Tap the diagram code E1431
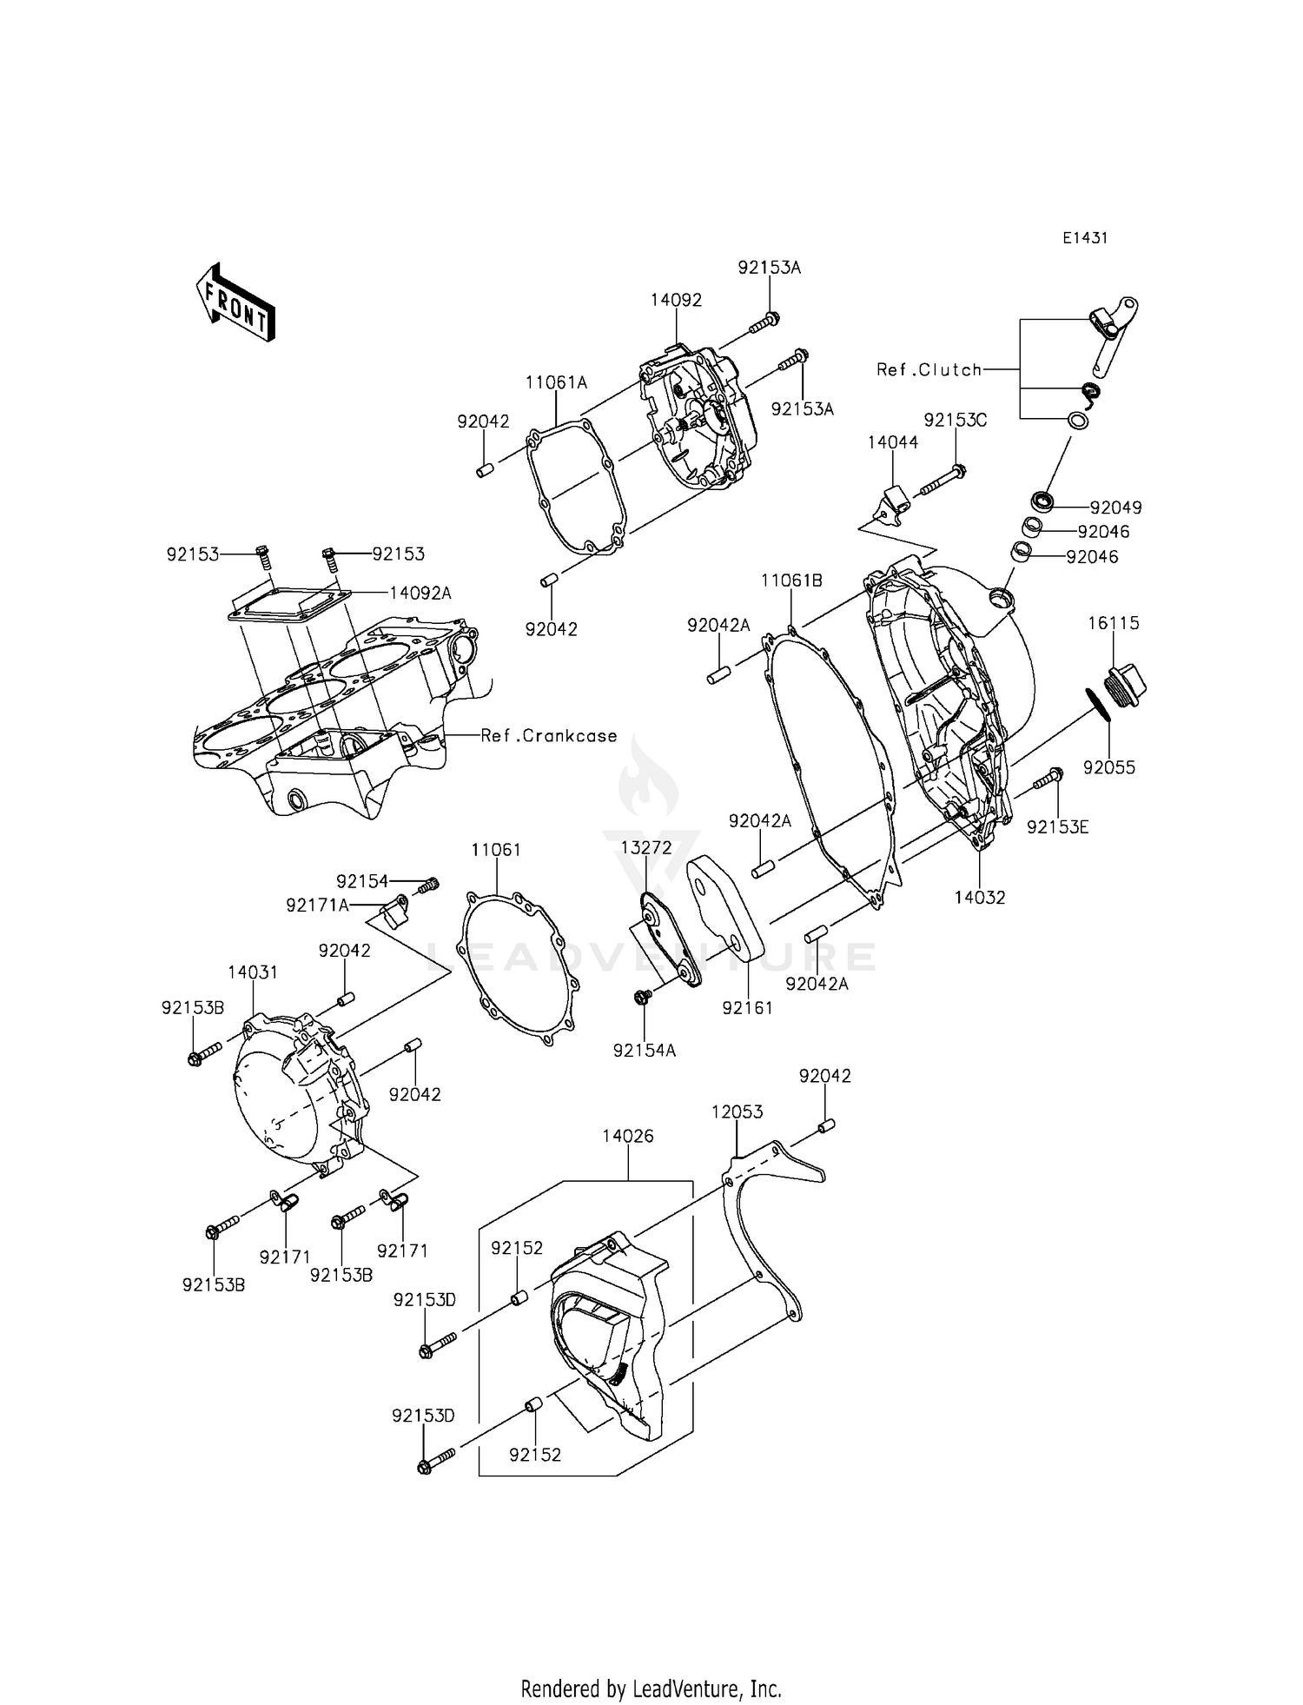(x=1085, y=238)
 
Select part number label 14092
(x=676, y=300)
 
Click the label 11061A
(x=556, y=382)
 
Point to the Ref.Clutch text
(x=929, y=369)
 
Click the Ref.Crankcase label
(x=549, y=735)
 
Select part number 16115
(x=1114, y=623)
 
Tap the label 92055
(x=1109, y=767)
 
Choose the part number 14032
(x=979, y=898)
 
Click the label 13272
(x=646, y=847)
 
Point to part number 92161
(x=747, y=1007)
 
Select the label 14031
(x=253, y=972)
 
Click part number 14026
(x=628, y=1136)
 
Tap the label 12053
(x=737, y=1111)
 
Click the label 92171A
(x=317, y=906)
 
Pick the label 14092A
(x=420, y=593)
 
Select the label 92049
(x=1115, y=507)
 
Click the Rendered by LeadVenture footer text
(x=651, y=1688)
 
